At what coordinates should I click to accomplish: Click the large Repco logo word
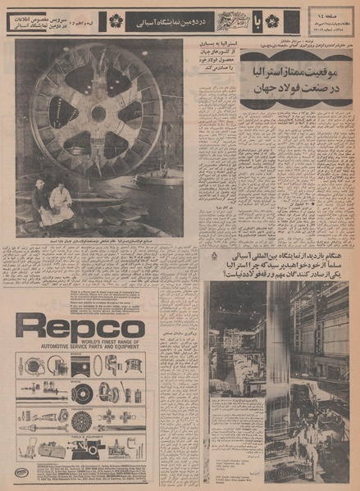pos(79,328)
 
